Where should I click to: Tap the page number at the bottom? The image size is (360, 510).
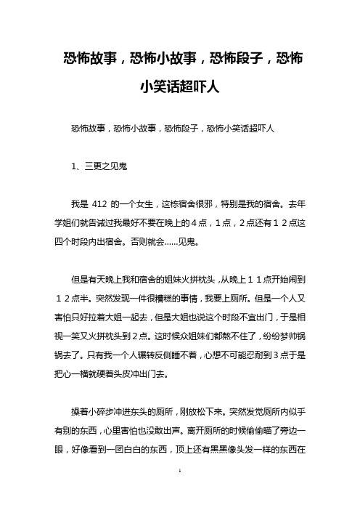tap(179, 493)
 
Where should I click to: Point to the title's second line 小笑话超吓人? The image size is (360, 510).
tap(179, 88)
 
